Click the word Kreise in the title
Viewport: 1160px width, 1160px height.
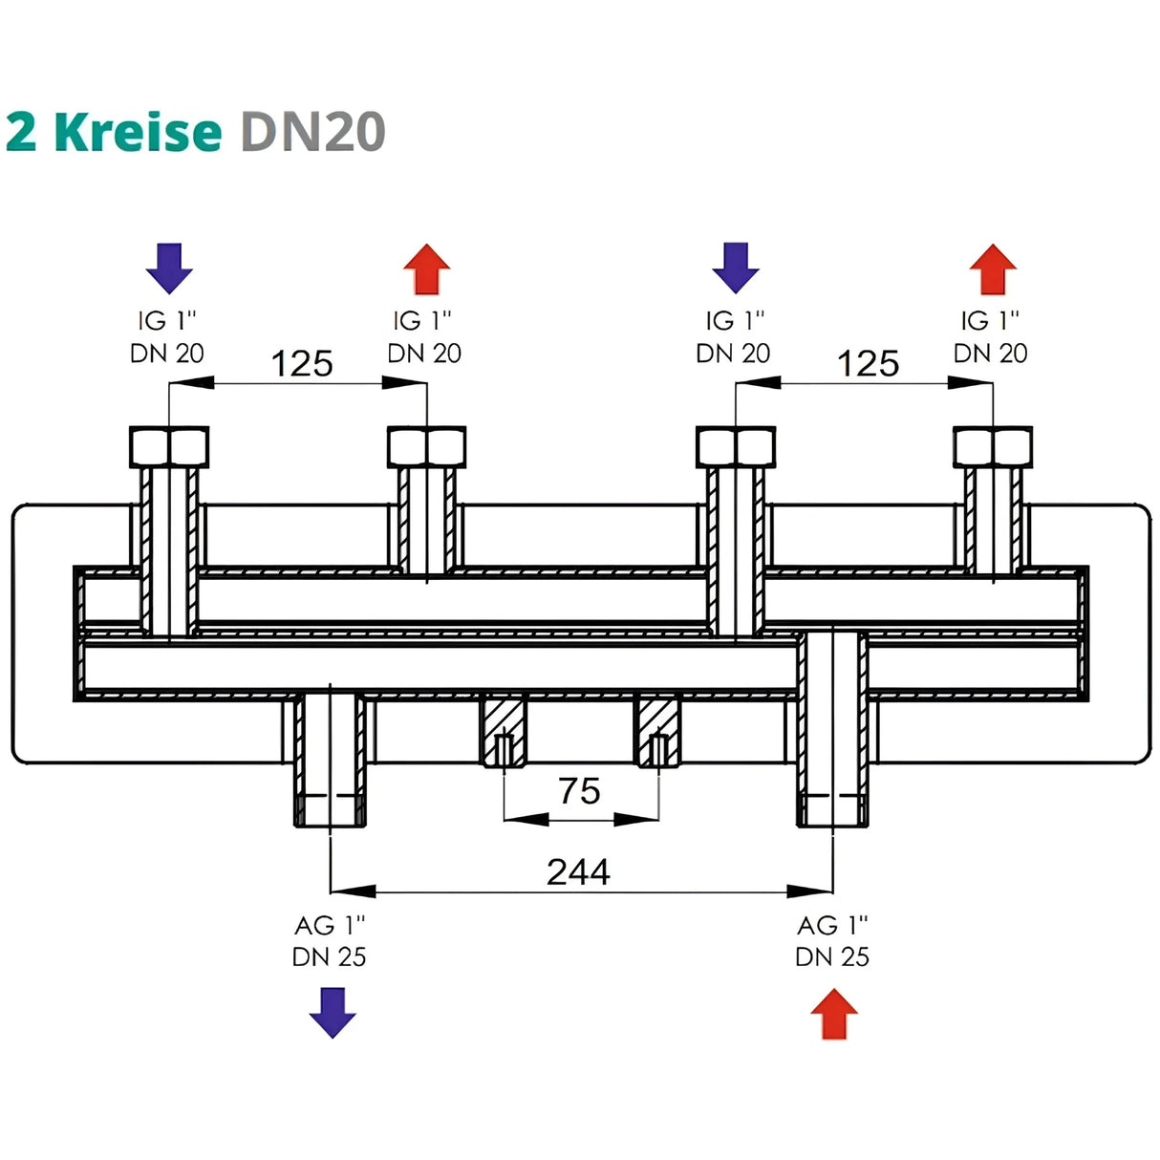pyautogui.click(x=138, y=131)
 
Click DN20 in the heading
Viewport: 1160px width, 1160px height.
pyautogui.click(x=312, y=131)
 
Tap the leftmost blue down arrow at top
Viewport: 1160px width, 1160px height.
pyautogui.click(x=169, y=268)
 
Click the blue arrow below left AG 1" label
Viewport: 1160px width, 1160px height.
pyautogui.click(x=332, y=1013)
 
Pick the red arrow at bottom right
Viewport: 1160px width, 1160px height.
pyautogui.click(x=834, y=1014)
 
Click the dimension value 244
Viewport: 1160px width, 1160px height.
pyautogui.click(x=578, y=871)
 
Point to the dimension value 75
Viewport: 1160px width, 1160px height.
pyautogui.click(x=579, y=791)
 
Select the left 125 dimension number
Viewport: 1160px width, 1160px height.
pyautogui.click(x=302, y=364)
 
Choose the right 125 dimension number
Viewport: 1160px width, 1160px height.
pyautogui.click(x=868, y=364)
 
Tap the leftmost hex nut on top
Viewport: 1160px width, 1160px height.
pyautogui.click(x=169, y=446)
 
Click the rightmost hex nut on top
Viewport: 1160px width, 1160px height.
pyautogui.click(x=993, y=446)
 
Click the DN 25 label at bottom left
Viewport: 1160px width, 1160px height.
pyautogui.click(x=330, y=956)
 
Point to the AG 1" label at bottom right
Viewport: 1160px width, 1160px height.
pyautogui.click(x=832, y=925)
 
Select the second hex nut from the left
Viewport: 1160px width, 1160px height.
pyautogui.click(x=426, y=446)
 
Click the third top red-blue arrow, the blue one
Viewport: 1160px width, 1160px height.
pyautogui.click(x=736, y=268)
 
